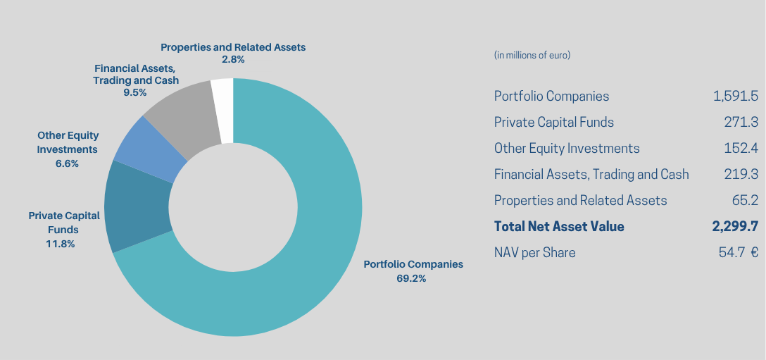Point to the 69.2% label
411,279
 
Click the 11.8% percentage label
61,244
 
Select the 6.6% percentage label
67,164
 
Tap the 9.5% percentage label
135,92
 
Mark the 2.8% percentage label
233,60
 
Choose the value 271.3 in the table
741,122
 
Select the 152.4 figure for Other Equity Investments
741,148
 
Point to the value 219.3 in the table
741,174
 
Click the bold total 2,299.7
735,226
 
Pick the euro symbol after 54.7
754,253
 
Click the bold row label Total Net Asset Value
559,226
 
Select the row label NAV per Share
534,253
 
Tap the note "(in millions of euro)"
532,55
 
